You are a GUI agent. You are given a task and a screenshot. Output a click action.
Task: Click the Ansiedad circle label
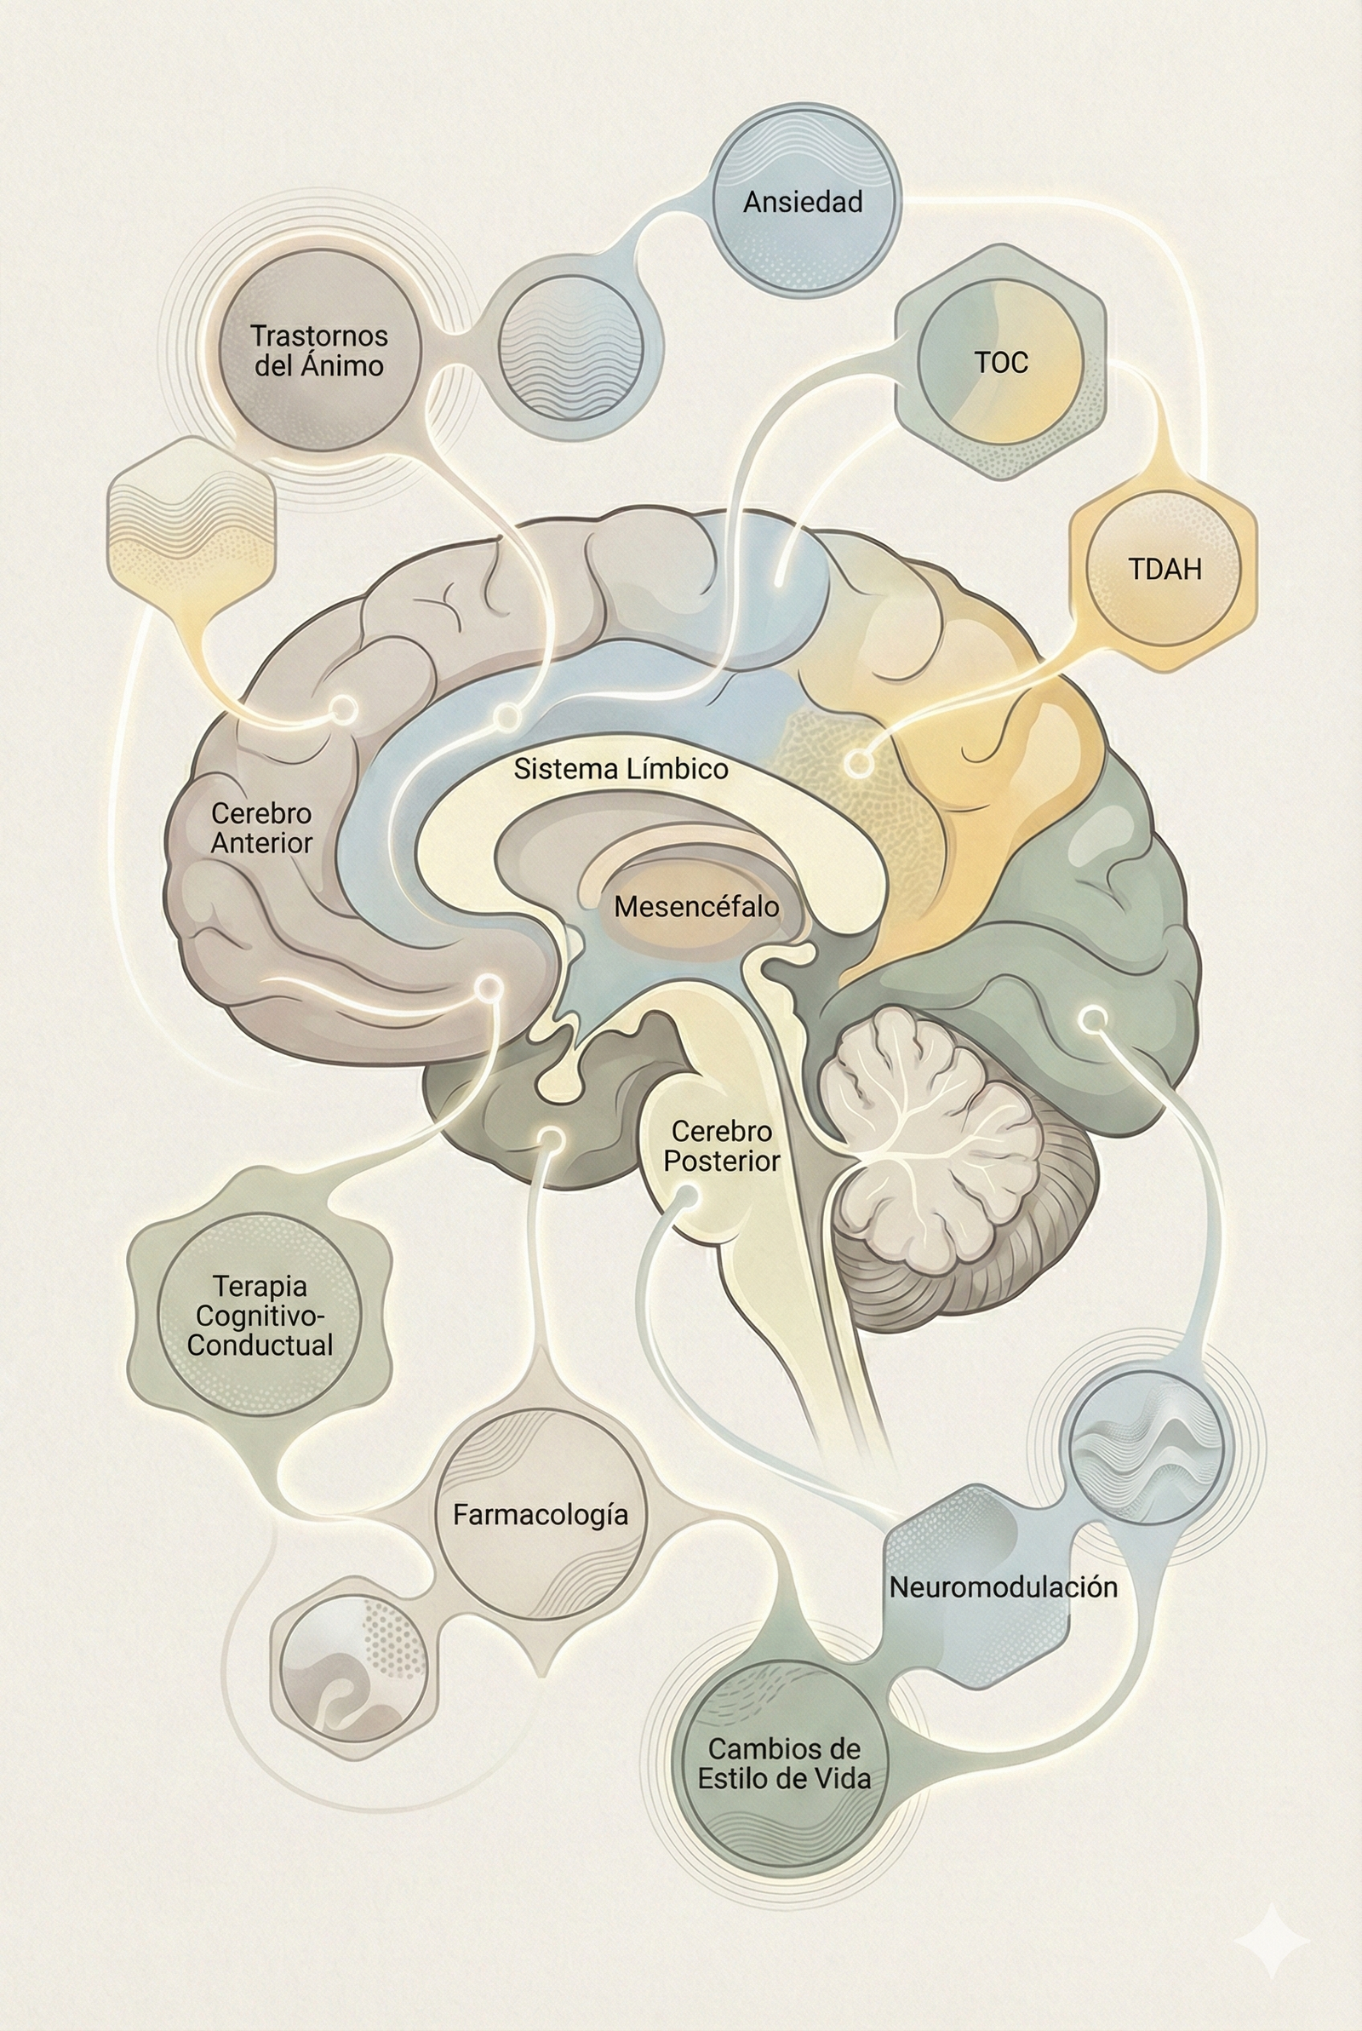coord(803,203)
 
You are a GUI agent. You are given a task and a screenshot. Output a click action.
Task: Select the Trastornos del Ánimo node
coord(318,350)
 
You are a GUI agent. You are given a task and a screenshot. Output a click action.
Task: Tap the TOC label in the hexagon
coord(1001,362)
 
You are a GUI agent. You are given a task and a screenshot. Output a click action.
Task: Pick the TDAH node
coord(1164,569)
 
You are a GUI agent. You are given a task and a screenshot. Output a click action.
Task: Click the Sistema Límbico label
coord(621,769)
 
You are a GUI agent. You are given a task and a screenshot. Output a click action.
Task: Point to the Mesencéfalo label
coord(695,907)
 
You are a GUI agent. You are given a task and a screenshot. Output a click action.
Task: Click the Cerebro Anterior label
coord(261,828)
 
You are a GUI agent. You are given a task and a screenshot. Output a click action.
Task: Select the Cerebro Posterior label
coord(721,1146)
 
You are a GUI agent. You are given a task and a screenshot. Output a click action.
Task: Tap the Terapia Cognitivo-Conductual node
coord(260,1315)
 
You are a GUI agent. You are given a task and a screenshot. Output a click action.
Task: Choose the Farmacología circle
coord(541,1515)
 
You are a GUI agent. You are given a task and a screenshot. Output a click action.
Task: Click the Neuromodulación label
coord(1003,1587)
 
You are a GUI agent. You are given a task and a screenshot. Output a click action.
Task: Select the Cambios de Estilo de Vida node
coord(782,1764)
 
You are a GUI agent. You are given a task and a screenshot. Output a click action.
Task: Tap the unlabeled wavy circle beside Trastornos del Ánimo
coord(570,346)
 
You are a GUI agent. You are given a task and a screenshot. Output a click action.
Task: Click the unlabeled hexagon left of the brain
coord(191,519)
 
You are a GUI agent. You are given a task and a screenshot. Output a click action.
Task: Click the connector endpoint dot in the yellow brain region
coord(858,764)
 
